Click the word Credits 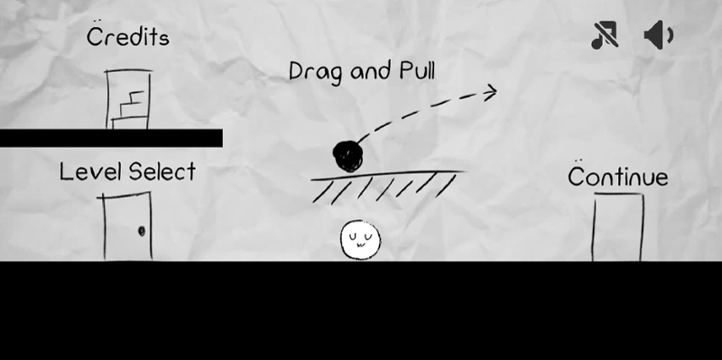point(127,38)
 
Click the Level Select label point(127,171)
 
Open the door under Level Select point(126,226)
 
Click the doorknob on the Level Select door point(141,232)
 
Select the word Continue point(617,177)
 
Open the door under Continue point(618,227)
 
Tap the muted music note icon point(604,36)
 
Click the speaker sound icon point(658,36)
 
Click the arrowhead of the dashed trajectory point(489,90)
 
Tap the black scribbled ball point(347,156)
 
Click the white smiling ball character point(360,239)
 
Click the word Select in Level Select point(162,171)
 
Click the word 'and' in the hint point(367,71)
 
